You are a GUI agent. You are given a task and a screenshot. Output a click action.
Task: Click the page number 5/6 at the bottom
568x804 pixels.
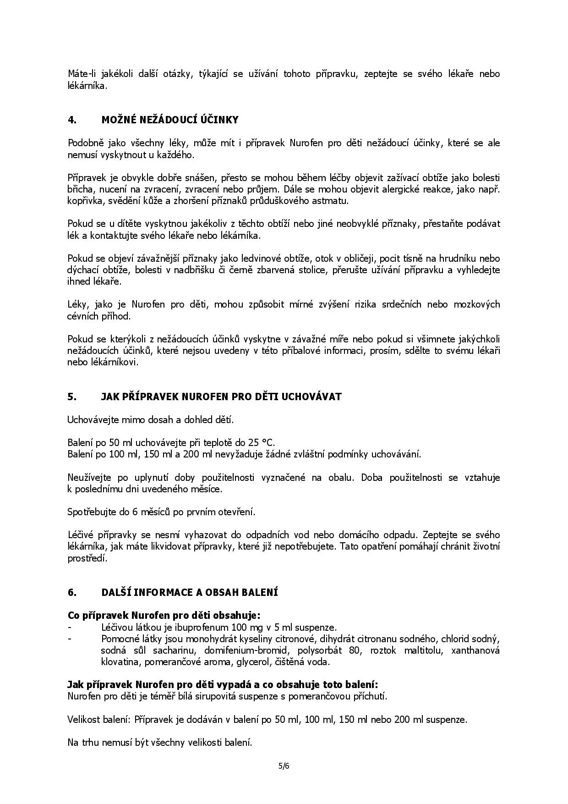point(284,765)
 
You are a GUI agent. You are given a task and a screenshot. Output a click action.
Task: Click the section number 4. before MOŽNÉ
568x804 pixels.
point(71,120)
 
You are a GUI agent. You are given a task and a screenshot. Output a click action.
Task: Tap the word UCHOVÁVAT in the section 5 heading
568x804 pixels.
point(316,397)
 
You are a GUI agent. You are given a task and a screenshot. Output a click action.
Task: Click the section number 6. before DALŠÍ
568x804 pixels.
point(71,592)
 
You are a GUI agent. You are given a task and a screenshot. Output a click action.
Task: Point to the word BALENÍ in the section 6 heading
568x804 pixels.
point(262,592)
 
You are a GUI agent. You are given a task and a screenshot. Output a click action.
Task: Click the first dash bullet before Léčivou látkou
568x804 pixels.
point(69,628)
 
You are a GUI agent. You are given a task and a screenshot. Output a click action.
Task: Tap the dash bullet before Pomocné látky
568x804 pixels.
point(69,639)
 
